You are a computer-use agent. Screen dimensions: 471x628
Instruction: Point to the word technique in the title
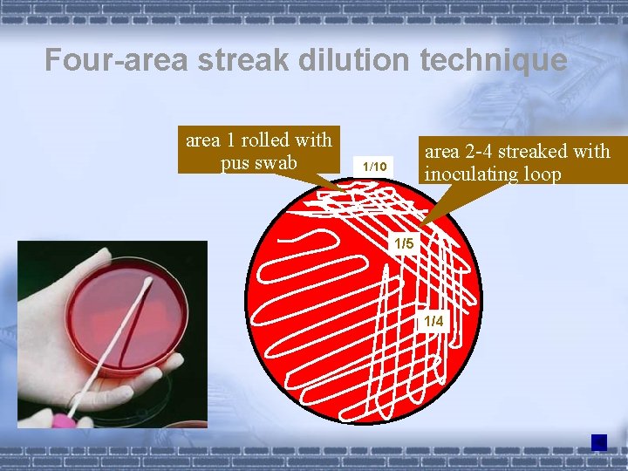(492, 60)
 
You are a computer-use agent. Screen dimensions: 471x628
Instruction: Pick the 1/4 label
(433, 322)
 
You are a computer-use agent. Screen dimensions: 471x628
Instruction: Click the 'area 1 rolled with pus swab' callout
(258, 151)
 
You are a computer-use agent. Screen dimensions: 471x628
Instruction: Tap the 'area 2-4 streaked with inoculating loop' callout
(515, 161)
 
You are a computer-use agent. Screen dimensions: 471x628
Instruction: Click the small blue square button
(598, 442)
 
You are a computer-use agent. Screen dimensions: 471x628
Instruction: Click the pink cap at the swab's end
(63, 420)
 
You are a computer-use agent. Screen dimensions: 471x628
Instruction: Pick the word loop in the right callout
(544, 174)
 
